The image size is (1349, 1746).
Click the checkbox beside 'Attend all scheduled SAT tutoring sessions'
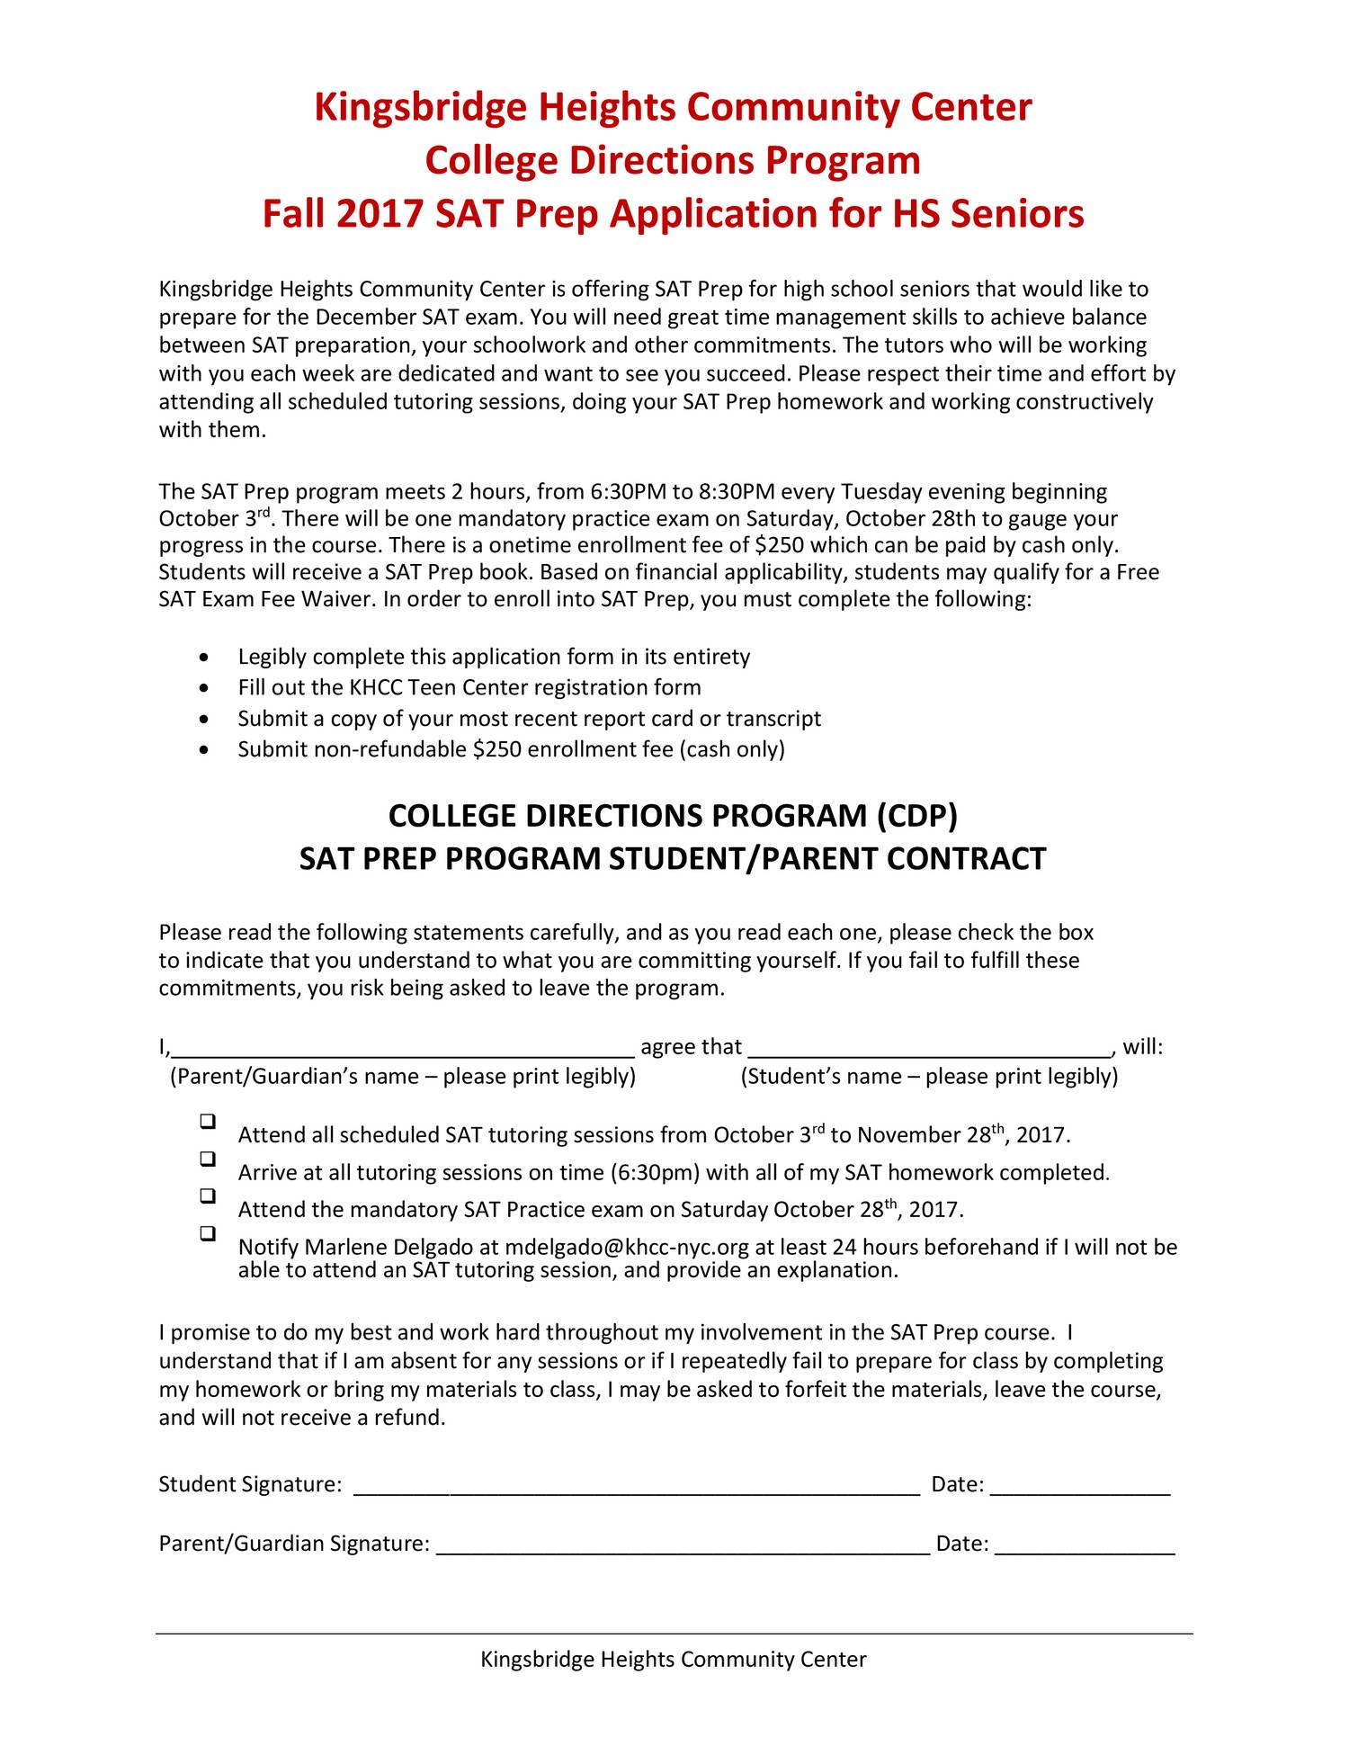pyautogui.click(x=208, y=1122)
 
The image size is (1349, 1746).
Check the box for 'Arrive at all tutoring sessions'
pyautogui.click(x=208, y=1159)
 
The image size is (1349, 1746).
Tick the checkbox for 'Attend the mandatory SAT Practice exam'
pyautogui.click(x=208, y=1195)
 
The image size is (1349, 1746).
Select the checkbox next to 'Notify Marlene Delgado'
pyautogui.click(x=208, y=1233)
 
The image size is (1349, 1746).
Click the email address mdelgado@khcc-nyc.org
pyautogui.click(x=627, y=1248)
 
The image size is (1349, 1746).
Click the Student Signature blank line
pyautogui.click(x=637, y=1487)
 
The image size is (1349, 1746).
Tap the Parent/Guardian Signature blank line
pyautogui.click(x=683, y=1546)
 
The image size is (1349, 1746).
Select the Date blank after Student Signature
pyautogui.click(x=1080, y=1487)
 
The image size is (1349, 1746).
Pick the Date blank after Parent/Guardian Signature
pyautogui.click(x=1085, y=1546)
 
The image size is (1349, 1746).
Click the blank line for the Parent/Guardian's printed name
pyautogui.click(x=403, y=1049)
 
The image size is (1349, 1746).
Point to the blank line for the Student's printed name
pyautogui.click(x=931, y=1049)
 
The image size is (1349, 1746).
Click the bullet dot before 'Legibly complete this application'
pyautogui.click(x=208, y=658)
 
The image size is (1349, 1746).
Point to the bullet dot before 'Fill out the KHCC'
pyautogui.click(x=208, y=689)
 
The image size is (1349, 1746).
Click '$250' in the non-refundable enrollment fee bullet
pyautogui.click(x=496, y=749)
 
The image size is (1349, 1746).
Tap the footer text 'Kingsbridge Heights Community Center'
pyautogui.click(x=674, y=1660)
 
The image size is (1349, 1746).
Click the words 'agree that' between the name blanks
pyautogui.click(x=691, y=1047)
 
